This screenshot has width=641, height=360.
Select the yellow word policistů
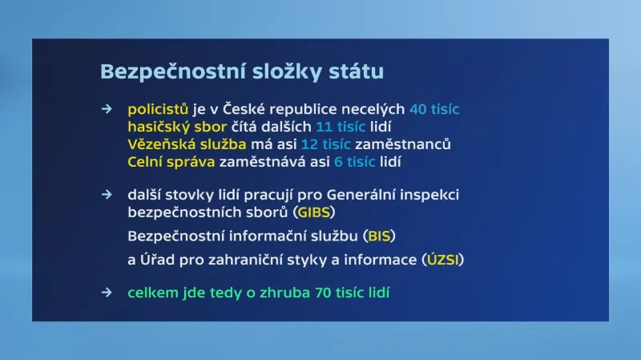click(158, 109)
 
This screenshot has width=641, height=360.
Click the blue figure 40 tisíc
click(434, 109)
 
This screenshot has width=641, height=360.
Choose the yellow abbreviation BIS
click(380, 237)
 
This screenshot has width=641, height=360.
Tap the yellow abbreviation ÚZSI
click(442, 261)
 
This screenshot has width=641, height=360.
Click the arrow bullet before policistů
click(107, 109)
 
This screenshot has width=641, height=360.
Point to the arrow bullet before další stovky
click(107, 195)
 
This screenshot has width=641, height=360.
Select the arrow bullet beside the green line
click(107, 293)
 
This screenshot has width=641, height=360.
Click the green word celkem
click(150, 293)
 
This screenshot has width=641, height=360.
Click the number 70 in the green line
click(320, 293)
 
